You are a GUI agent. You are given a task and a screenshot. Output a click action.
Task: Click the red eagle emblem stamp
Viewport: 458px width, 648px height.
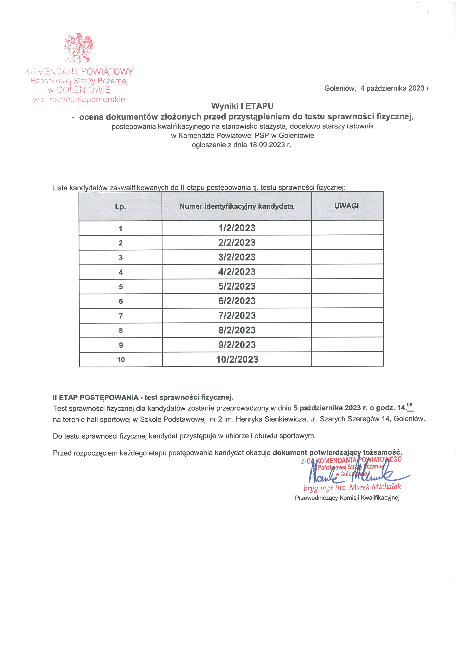79,48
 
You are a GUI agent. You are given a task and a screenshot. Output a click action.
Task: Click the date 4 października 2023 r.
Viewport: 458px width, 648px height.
395,88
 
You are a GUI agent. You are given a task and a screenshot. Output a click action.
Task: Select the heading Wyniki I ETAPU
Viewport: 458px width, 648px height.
242,106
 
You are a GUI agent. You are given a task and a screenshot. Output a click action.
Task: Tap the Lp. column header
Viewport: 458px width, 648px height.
120,207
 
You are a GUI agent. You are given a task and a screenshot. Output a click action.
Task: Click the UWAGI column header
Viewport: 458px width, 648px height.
346,206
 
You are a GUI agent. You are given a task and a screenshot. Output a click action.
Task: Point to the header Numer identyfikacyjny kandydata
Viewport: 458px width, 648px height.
236,206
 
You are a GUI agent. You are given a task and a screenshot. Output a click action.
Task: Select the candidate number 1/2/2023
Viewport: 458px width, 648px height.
237,228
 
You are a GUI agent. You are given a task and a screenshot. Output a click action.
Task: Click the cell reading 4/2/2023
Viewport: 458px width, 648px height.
237,272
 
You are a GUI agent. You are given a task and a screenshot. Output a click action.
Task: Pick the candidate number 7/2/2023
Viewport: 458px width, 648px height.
237,316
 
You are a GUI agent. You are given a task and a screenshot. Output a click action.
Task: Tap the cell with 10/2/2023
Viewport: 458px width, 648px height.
237,359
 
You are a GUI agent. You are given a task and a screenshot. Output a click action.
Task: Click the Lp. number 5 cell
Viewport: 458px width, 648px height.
121,287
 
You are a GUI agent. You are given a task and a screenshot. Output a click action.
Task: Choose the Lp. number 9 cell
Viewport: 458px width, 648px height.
121,345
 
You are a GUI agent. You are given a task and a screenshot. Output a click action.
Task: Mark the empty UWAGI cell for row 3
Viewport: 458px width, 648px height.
347,257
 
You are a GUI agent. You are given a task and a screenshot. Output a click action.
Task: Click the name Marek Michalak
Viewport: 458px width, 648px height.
375,487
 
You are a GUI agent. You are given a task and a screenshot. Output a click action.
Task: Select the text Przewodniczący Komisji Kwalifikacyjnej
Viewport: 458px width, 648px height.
347,498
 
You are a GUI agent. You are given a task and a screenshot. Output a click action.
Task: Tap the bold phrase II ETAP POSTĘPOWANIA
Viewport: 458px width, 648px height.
95,397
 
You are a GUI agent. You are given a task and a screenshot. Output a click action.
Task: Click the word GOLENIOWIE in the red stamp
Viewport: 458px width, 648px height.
83,90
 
